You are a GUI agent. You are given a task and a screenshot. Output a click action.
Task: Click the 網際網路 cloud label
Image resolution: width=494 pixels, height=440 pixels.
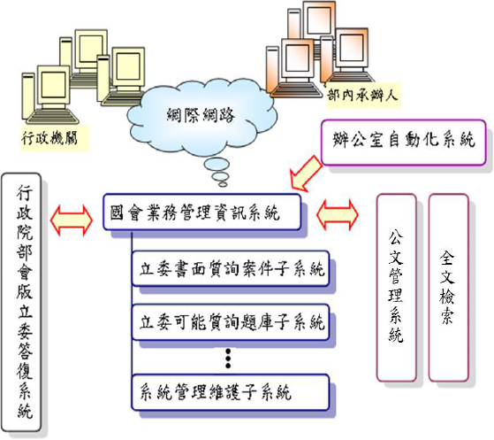pyautogui.click(x=201, y=114)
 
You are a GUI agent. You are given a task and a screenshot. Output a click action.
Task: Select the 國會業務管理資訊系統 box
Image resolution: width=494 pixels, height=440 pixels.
pyautogui.click(x=202, y=212)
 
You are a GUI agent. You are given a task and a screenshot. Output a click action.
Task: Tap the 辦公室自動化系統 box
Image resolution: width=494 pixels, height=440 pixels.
pyautogui.click(x=403, y=142)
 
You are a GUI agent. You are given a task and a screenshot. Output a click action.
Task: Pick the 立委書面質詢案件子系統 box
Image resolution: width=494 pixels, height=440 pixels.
pyautogui.click(x=231, y=268)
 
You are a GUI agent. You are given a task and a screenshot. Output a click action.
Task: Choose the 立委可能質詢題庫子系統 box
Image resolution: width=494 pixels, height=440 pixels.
pyautogui.click(x=231, y=322)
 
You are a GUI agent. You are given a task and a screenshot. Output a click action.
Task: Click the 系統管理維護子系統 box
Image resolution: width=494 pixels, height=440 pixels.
pyautogui.click(x=231, y=392)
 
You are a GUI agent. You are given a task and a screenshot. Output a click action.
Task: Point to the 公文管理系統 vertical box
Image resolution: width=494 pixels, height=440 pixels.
pyautogui.click(x=397, y=287)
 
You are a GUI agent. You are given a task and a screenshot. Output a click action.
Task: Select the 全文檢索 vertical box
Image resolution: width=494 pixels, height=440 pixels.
pyautogui.click(x=448, y=287)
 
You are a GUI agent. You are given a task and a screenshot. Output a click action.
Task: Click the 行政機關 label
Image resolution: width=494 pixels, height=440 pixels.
pyautogui.click(x=49, y=138)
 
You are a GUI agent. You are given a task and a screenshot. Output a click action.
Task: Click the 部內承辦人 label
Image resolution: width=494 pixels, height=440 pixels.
pyautogui.click(x=362, y=95)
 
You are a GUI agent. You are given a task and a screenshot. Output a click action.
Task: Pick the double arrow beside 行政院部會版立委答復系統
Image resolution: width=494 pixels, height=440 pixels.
pyautogui.click(x=72, y=220)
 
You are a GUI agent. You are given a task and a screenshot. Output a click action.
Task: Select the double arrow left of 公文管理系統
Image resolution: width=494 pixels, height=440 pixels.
pyautogui.click(x=338, y=215)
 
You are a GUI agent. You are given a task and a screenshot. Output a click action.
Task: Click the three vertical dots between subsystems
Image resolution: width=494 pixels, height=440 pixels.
pyautogui.click(x=228, y=359)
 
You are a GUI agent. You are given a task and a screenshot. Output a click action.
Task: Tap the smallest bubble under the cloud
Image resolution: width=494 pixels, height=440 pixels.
pyautogui.click(x=223, y=184)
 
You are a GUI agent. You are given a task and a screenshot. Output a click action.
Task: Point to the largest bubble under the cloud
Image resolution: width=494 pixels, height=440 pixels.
pyautogui.click(x=217, y=165)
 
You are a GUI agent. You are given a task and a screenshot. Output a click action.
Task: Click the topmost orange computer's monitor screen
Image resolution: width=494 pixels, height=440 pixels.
pyautogui.click(x=319, y=20)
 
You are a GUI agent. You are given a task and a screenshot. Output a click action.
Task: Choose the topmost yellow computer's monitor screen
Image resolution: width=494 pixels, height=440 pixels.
pyautogui.click(x=91, y=49)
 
